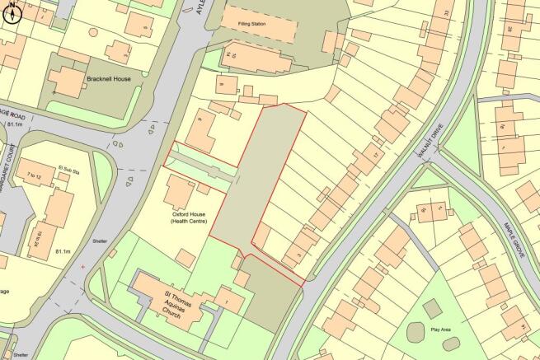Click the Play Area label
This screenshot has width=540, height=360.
[441, 329]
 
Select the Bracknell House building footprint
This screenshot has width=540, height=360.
[70, 80]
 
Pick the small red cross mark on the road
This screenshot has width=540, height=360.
[83, 267]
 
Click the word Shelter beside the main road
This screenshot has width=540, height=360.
[100, 241]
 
